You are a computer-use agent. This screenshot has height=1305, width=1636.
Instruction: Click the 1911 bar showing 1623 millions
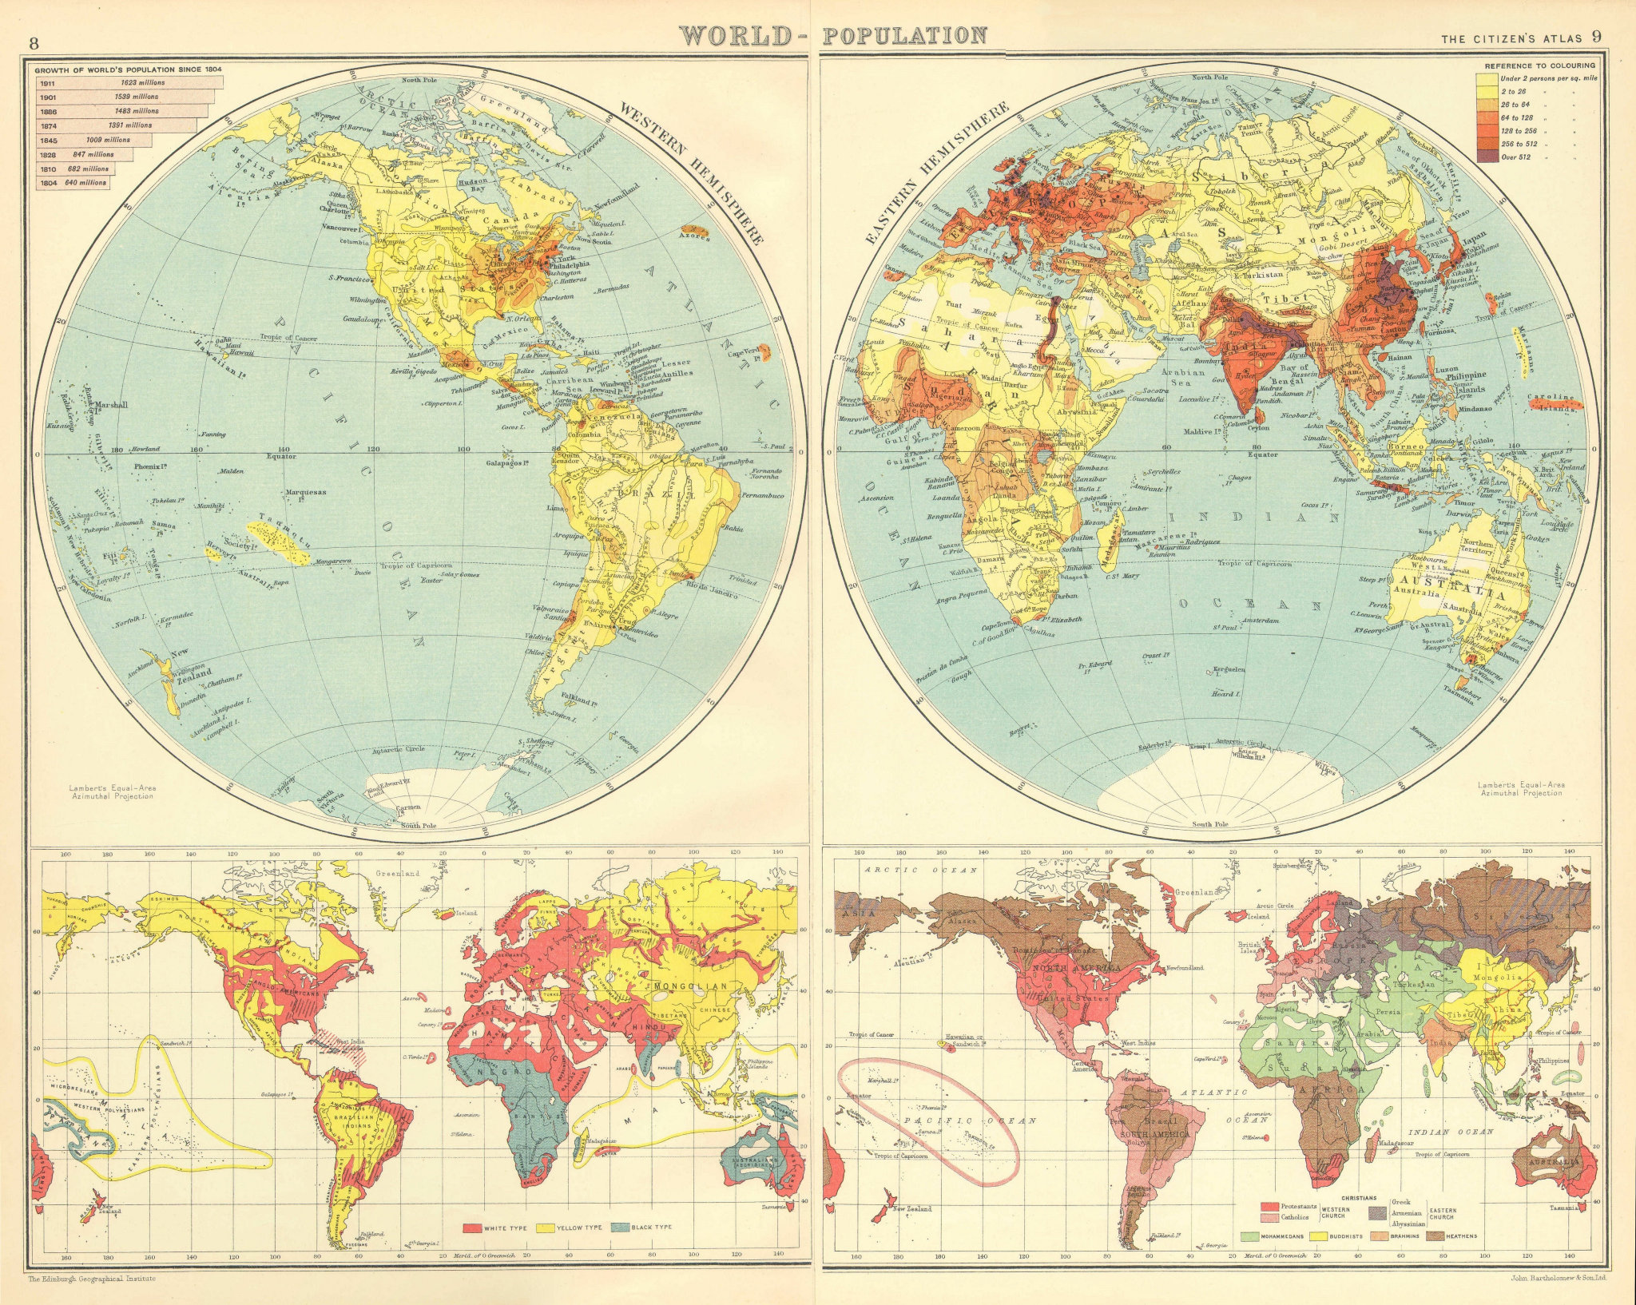click(x=124, y=82)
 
